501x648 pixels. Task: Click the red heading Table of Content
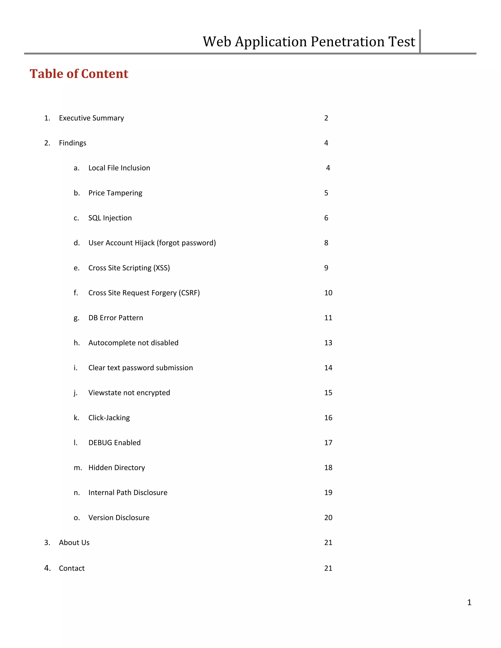click(79, 74)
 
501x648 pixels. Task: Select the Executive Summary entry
click(91, 118)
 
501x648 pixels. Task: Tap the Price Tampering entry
click(115, 193)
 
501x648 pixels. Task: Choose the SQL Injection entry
click(110, 218)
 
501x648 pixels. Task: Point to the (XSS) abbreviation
click(161, 268)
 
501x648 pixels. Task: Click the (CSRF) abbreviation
click(189, 293)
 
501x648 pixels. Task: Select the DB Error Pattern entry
click(115, 318)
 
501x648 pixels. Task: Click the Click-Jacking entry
click(109, 418)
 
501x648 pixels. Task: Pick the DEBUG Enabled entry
click(114, 443)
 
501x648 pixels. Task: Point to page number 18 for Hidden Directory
click(328, 468)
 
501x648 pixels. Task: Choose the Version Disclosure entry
click(119, 517)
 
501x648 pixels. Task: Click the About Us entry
click(74, 542)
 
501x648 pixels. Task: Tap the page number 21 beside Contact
click(328, 568)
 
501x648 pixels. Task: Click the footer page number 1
click(469, 602)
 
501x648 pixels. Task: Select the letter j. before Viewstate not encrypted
click(76, 393)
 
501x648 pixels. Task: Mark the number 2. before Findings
click(47, 143)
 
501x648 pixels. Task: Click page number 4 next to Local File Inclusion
click(328, 168)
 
